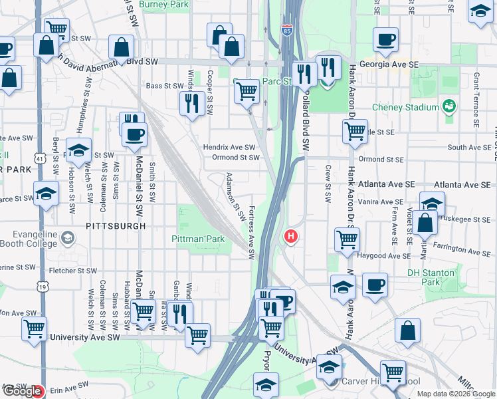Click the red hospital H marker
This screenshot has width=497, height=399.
[290, 236]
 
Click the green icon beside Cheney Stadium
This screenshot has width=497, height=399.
[450, 106]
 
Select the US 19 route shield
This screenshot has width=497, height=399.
[43, 287]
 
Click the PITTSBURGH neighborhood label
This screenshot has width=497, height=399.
[116, 226]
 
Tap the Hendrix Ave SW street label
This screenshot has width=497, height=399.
[229, 147]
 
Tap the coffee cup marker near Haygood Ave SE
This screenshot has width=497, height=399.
[375, 285]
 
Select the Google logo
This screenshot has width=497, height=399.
[22, 391]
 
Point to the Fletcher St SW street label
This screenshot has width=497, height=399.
[74, 271]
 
